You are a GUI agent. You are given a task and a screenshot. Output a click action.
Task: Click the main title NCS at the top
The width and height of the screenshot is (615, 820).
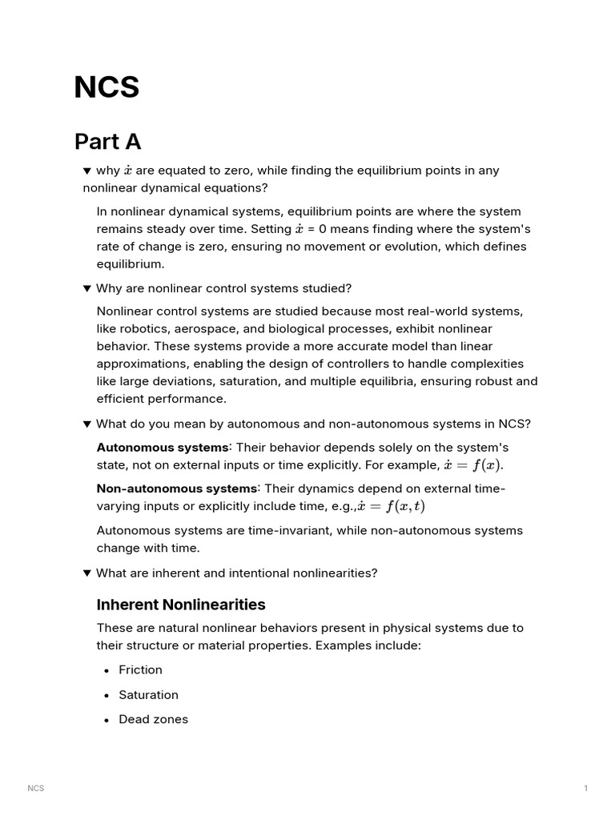(x=107, y=87)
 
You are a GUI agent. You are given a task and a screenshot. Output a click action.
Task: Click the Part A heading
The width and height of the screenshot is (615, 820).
(x=107, y=142)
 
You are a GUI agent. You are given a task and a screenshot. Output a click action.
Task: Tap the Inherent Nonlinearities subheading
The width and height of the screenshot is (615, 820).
(x=180, y=604)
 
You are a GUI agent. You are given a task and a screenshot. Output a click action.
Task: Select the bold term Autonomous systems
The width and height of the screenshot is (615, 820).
(x=162, y=447)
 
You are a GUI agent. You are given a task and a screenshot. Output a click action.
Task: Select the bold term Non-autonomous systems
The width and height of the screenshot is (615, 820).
(x=177, y=488)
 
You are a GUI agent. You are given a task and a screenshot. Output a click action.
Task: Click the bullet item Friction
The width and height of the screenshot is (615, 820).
(x=140, y=669)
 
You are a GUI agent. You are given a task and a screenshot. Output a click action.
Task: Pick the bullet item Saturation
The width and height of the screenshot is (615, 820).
(x=148, y=694)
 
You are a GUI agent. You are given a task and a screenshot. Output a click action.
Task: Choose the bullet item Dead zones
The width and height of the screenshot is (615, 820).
(x=153, y=719)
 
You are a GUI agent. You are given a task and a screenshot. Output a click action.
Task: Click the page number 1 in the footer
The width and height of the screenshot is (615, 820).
(x=585, y=789)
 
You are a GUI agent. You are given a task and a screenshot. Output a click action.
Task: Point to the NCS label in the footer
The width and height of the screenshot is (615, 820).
(x=36, y=789)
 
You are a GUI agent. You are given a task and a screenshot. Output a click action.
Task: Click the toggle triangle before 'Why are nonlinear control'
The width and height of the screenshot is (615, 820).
(x=86, y=288)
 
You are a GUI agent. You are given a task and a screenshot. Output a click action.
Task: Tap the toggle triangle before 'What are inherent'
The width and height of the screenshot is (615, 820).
(x=86, y=573)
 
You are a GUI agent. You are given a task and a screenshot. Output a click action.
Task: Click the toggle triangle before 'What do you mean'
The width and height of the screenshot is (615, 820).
(x=86, y=424)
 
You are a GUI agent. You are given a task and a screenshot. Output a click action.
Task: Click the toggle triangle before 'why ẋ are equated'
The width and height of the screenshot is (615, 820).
(x=86, y=171)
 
